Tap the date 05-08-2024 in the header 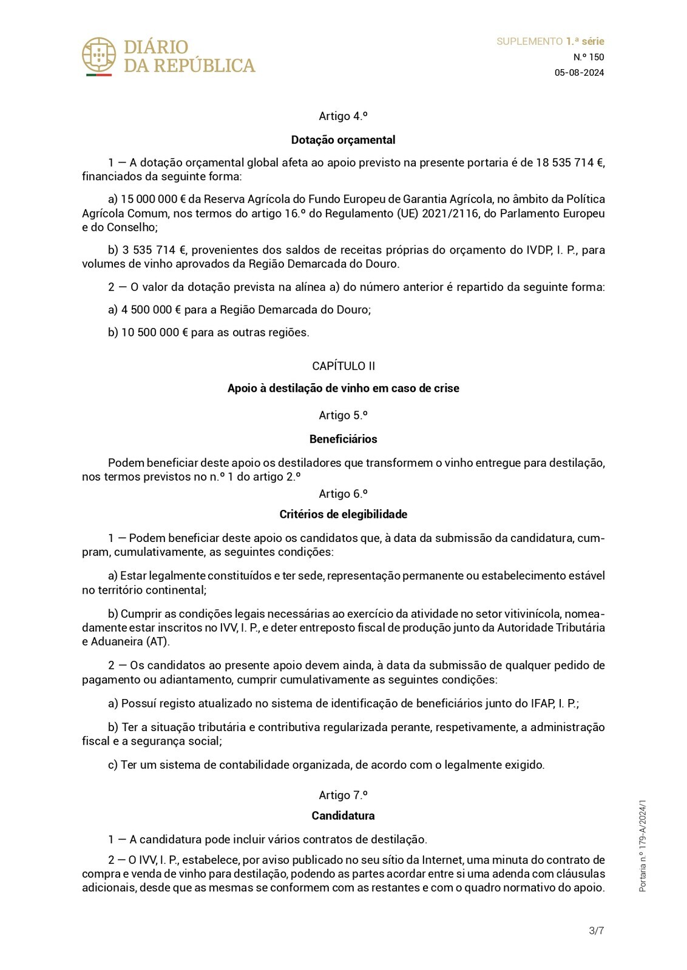point(579,73)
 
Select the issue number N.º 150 point(589,57)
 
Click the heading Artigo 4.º point(343,116)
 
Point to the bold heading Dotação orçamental point(343,140)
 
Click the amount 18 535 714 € point(569,162)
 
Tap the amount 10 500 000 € point(154,332)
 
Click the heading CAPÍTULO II point(343,366)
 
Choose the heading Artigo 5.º point(343,415)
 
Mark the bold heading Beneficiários point(343,439)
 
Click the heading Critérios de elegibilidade point(343,514)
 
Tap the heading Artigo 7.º point(343,795)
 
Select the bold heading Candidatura point(343,815)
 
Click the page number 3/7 point(596,931)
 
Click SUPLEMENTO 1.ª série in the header point(550,41)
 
